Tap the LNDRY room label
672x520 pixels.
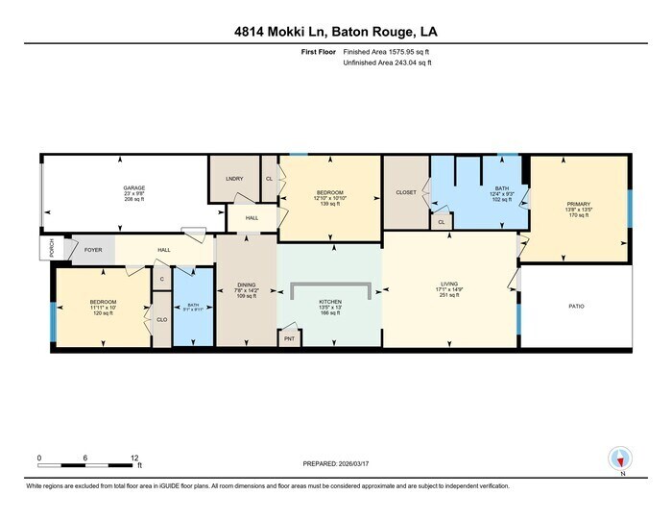pyautogui.click(x=233, y=179)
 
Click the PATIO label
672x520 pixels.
pyautogui.click(x=576, y=306)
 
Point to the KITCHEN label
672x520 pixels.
pyautogui.click(x=330, y=301)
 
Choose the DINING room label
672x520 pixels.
pyautogui.click(x=245, y=285)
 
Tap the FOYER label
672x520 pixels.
pyautogui.click(x=93, y=249)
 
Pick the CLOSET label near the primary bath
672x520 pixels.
pyautogui.click(x=406, y=192)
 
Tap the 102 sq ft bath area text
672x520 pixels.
pyautogui.click(x=502, y=199)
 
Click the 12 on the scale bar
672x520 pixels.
pyautogui.click(x=134, y=458)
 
